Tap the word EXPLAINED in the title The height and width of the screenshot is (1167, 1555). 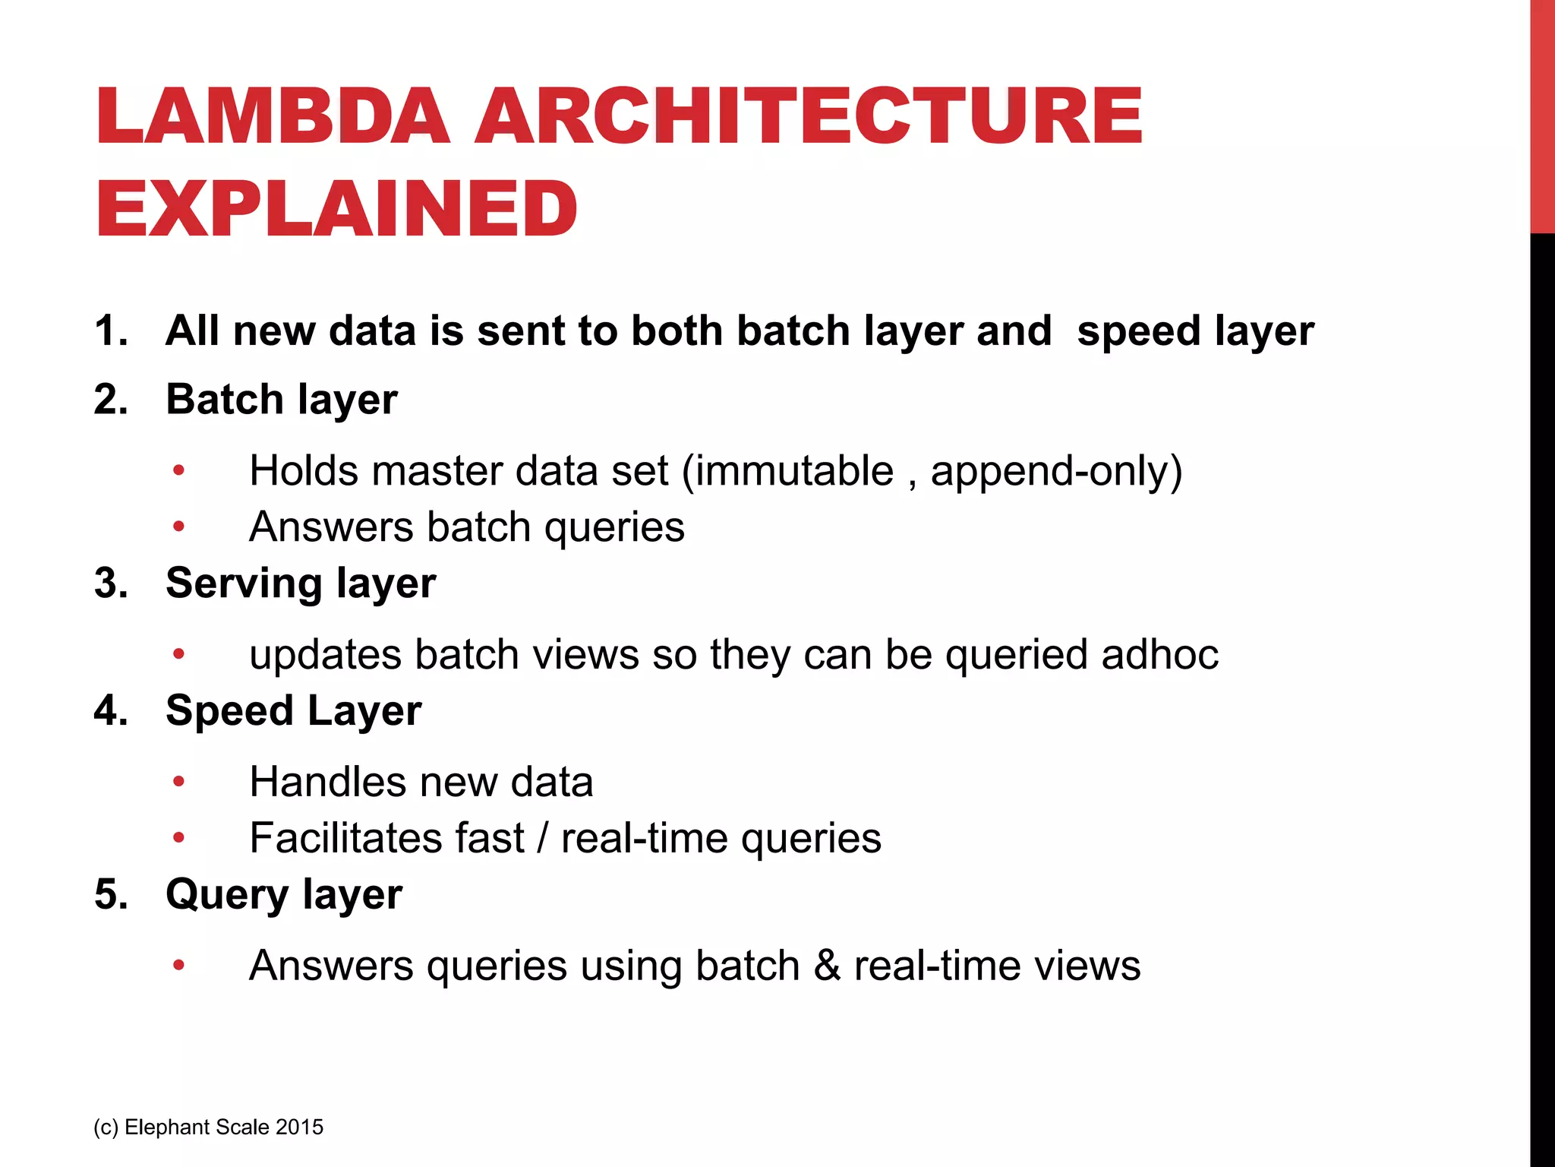(x=336, y=209)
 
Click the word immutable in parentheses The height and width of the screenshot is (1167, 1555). (x=794, y=471)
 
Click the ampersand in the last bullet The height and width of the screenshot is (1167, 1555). (x=827, y=966)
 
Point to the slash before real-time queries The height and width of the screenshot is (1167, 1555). (x=542, y=839)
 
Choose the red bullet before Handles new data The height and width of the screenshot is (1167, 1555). (x=178, y=782)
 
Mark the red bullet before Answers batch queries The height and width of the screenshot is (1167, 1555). (x=178, y=527)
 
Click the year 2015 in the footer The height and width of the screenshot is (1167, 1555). (x=300, y=1127)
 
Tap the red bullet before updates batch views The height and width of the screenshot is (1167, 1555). (x=178, y=654)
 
